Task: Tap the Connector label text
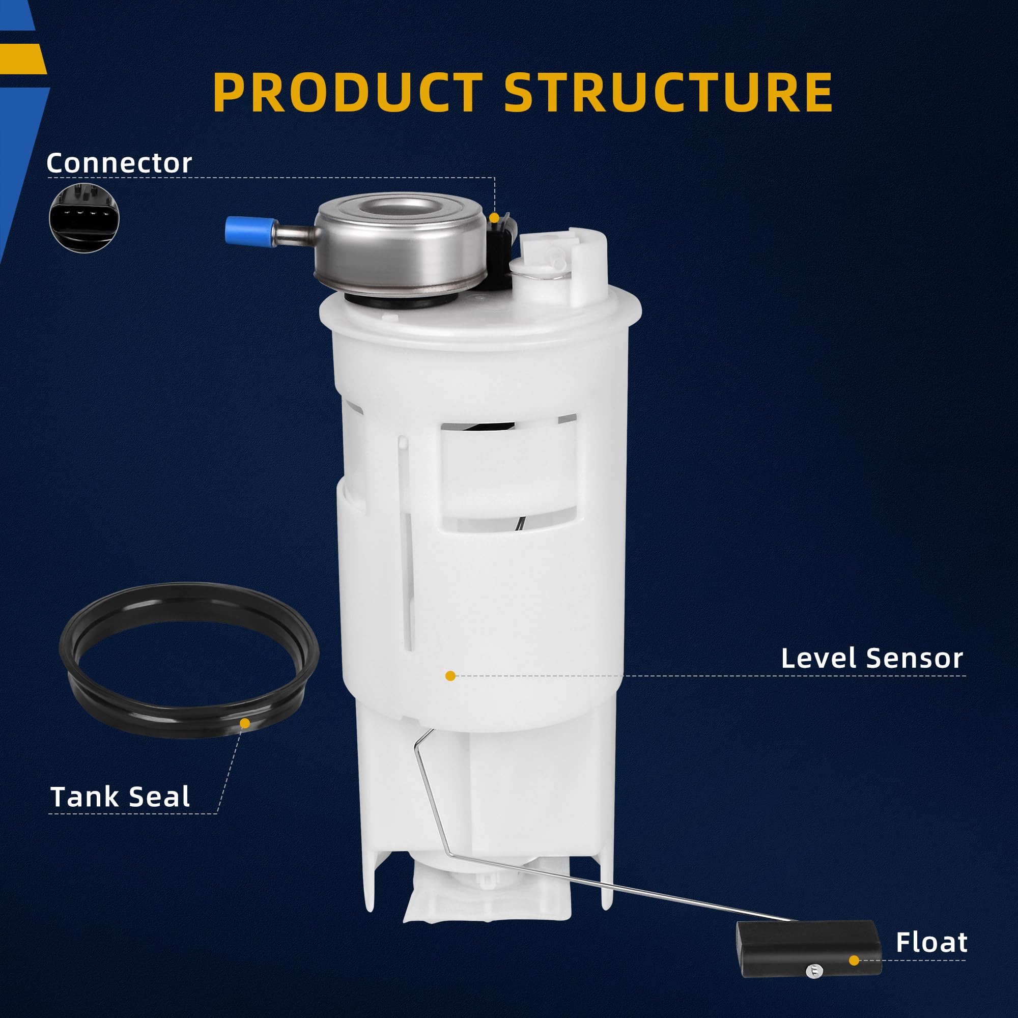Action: point(119,163)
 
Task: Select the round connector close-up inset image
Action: point(84,218)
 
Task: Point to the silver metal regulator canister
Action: point(401,248)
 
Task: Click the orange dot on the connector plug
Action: point(494,218)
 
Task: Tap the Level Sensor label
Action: point(872,659)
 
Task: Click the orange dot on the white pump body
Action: point(450,676)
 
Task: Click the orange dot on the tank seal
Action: point(244,723)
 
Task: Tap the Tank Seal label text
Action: point(120,797)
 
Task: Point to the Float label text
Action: point(931,942)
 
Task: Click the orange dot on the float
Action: point(854,960)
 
